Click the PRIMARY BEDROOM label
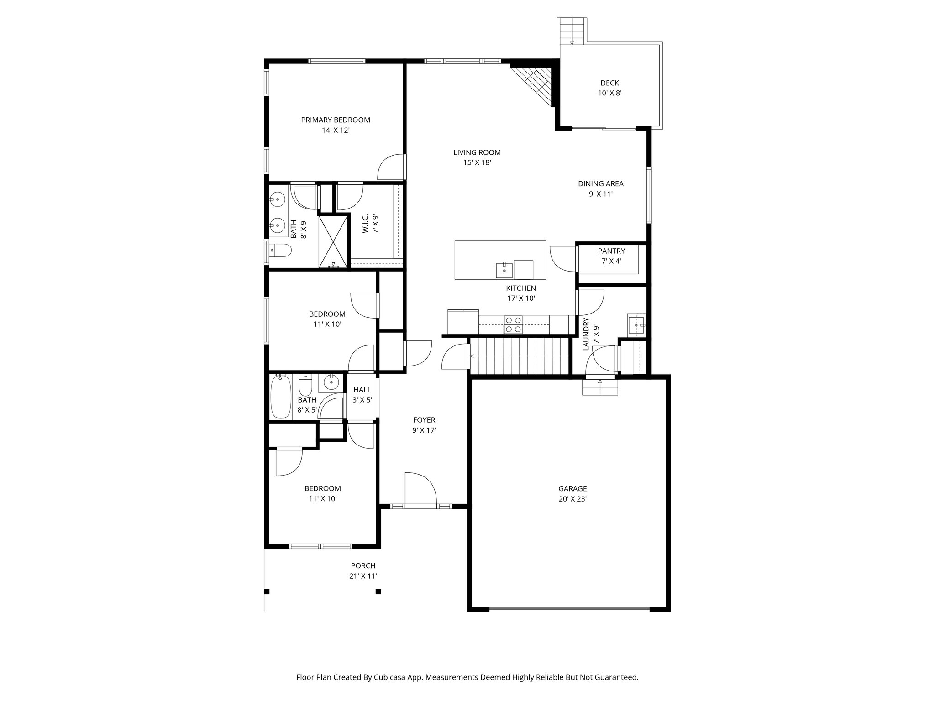(336, 120)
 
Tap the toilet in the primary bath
(281, 250)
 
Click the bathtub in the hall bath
(280, 396)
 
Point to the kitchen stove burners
(513, 324)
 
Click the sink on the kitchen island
(504, 270)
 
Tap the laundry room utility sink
(636, 324)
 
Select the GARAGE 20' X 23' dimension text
(573, 499)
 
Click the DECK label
(609, 83)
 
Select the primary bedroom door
(392, 167)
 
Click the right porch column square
(378, 592)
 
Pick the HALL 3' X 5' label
(362, 395)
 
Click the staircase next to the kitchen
(520, 356)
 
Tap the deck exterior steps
(572, 31)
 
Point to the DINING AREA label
(600, 184)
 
